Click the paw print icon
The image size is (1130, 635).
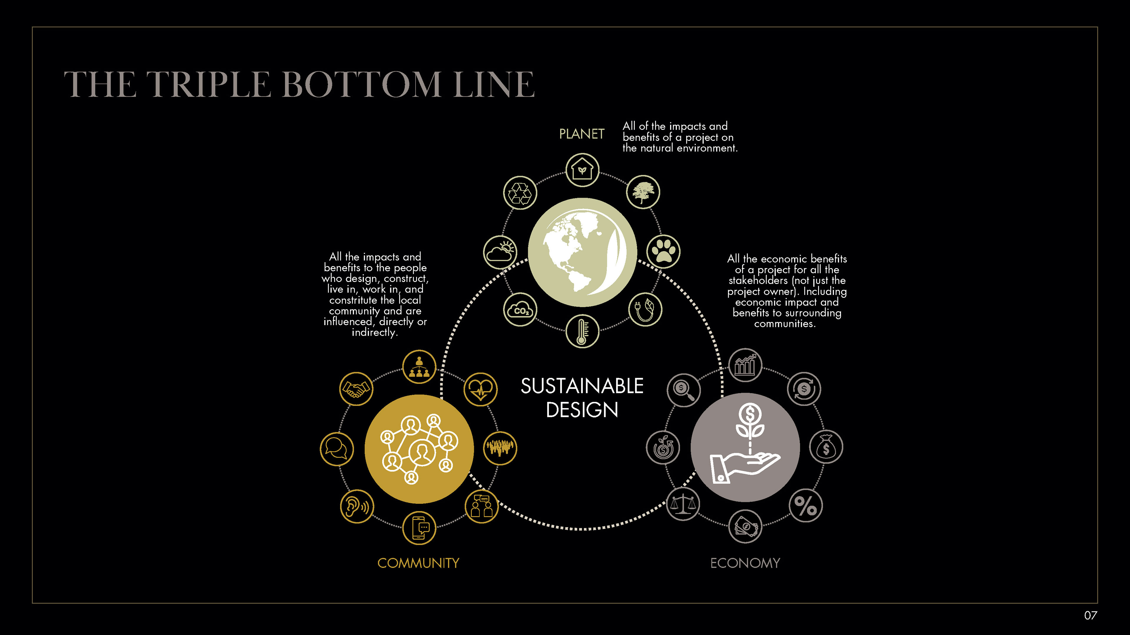tap(663, 252)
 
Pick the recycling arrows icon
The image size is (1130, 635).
tap(520, 193)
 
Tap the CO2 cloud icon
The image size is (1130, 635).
tap(520, 310)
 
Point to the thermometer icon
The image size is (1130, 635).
tap(582, 331)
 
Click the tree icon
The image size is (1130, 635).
tap(643, 192)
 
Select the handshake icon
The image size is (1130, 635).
tap(356, 389)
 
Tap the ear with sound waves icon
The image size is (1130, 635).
tap(357, 506)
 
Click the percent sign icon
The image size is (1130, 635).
tap(805, 506)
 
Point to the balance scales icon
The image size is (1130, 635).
tap(683, 504)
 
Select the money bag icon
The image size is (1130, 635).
tap(825, 447)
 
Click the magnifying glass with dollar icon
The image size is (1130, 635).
tap(683, 390)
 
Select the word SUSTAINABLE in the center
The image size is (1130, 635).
tap(582, 386)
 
